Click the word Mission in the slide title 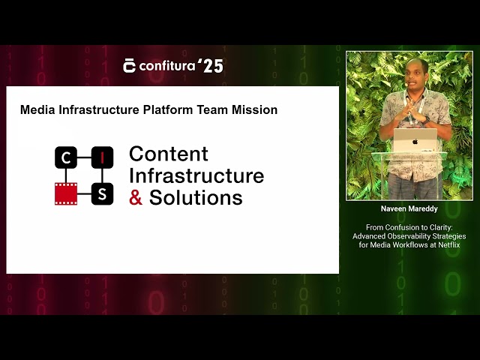coord(255,109)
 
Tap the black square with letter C coord(66,157)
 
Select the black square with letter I coord(102,157)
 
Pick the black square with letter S coord(102,193)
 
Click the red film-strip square coord(66,193)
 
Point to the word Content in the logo coord(169,154)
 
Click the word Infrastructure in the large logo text coord(196,175)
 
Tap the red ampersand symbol coord(136,198)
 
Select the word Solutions coord(196,198)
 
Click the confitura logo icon coord(130,66)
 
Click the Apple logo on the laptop coord(415,140)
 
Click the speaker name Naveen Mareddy coord(409,209)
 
